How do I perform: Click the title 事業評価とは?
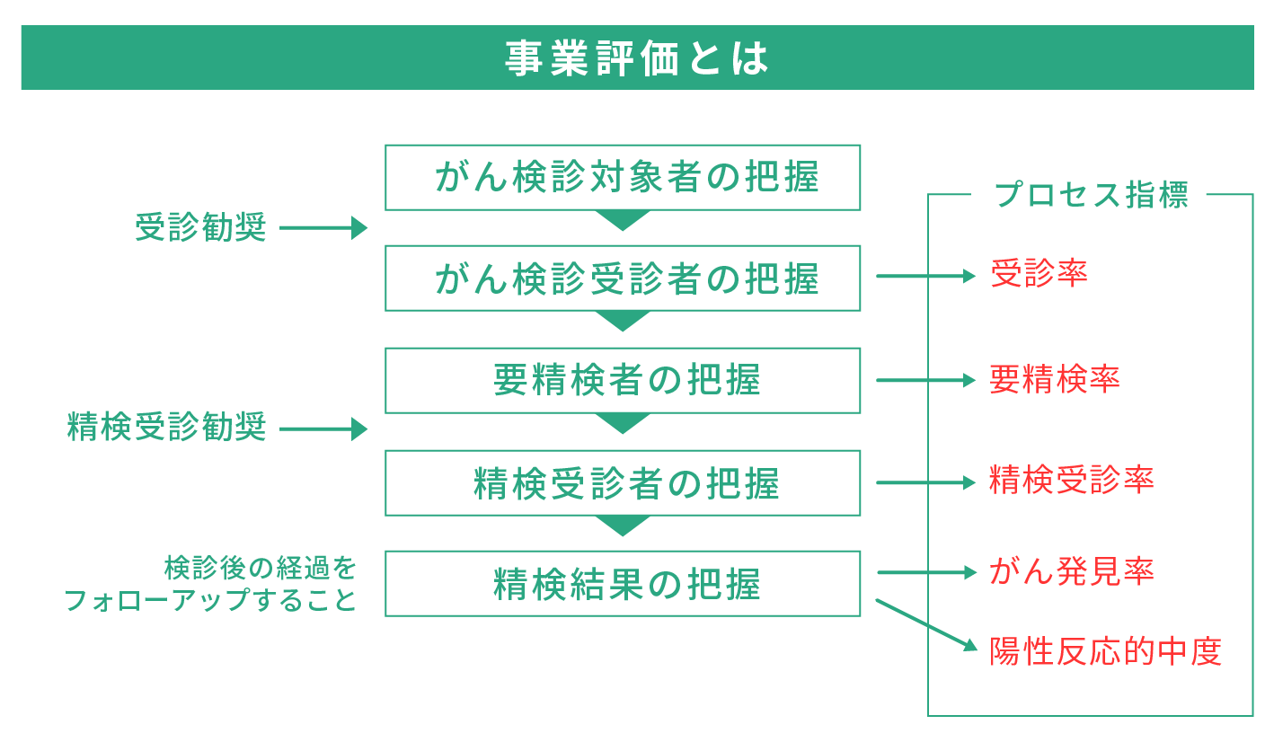click(636, 58)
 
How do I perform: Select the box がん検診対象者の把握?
click(623, 177)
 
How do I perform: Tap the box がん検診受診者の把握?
click(623, 278)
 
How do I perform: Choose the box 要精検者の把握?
click(623, 380)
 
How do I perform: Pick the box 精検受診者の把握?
click(623, 483)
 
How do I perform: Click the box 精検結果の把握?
click(623, 584)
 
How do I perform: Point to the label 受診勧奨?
click(201, 228)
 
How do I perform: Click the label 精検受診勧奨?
click(167, 428)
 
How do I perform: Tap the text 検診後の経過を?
click(261, 568)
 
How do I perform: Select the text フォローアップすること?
click(211, 600)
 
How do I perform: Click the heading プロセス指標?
click(1091, 195)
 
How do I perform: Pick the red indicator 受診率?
click(1039, 273)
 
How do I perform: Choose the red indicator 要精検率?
click(1055, 379)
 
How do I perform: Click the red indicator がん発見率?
click(1071, 571)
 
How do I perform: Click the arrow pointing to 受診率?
click(925, 276)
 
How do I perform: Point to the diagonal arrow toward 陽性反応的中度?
click(925, 624)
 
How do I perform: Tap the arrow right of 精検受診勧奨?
click(323, 429)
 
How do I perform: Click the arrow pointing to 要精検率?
click(925, 380)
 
